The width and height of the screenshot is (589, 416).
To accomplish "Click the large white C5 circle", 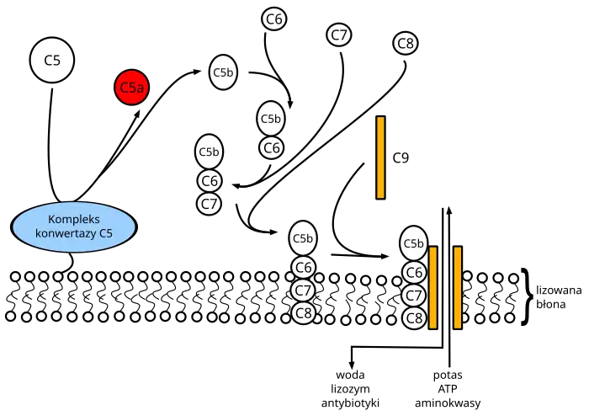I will (x=52, y=61).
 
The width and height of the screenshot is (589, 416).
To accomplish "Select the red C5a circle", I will (x=131, y=88).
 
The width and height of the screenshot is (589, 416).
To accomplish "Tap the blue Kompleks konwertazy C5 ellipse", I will (x=74, y=227).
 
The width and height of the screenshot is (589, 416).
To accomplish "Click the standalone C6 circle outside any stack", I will (x=274, y=19).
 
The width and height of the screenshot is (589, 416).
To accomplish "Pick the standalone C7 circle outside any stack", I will (x=339, y=35).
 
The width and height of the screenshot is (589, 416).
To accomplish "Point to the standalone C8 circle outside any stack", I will (x=406, y=43).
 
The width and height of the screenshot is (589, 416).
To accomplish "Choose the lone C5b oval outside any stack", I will (x=223, y=72).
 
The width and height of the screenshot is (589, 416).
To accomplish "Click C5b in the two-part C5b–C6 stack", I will (x=270, y=119).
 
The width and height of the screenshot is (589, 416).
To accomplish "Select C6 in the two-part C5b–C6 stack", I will (x=271, y=148).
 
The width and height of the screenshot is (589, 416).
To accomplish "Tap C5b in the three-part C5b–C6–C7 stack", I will (x=209, y=152).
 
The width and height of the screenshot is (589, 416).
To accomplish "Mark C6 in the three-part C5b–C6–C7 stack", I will (x=210, y=180).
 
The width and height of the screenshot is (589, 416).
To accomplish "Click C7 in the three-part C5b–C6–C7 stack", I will (x=210, y=203).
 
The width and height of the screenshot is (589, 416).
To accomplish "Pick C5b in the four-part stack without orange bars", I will (x=303, y=239).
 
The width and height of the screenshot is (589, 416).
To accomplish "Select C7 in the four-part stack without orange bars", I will (x=303, y=291).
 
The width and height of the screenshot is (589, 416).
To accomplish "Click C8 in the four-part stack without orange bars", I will (x=304, y=313).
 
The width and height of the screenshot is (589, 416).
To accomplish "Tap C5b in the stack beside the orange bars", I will (x=413, y=244).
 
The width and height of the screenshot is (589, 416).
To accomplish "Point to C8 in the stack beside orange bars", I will (x=414, y=318).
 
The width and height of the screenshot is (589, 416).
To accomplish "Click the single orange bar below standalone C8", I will (x=380, y=157).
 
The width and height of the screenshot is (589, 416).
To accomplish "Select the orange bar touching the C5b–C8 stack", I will (x=432, y=287).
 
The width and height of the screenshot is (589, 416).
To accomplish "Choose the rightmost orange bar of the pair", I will (x=457, y=287).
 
